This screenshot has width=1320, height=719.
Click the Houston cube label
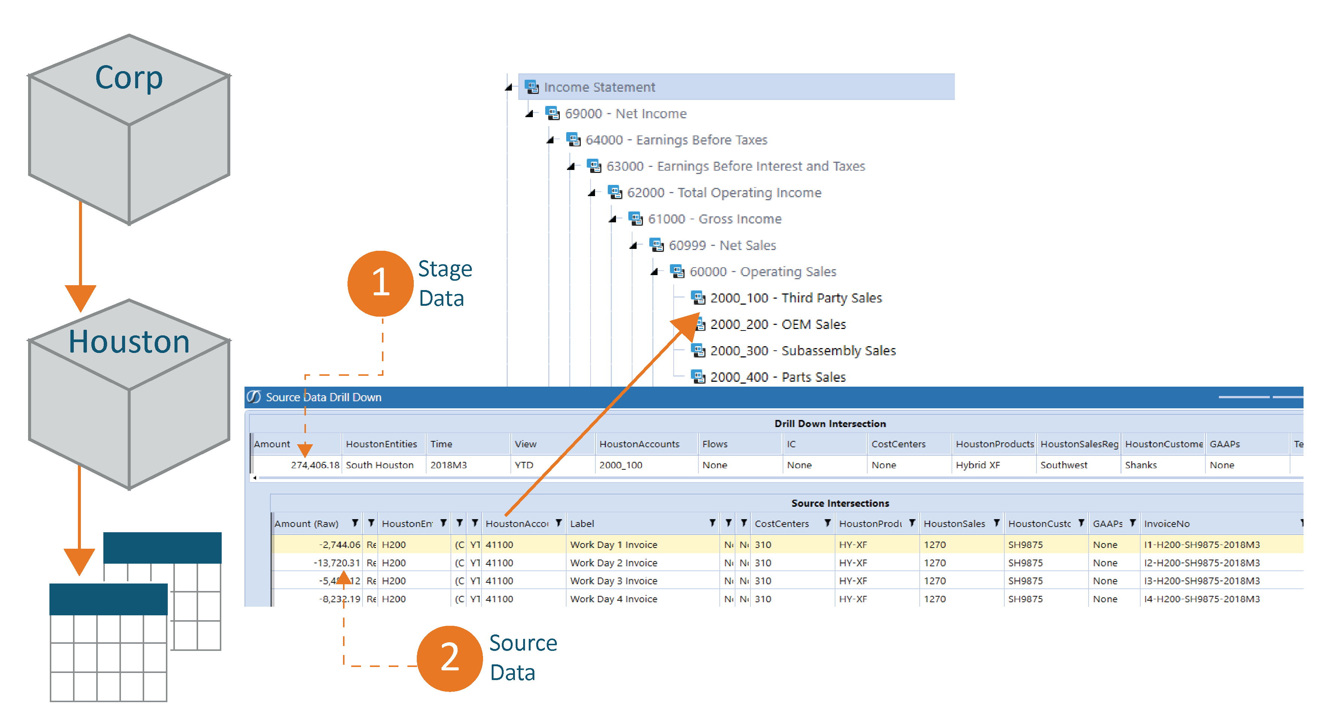[129, 342]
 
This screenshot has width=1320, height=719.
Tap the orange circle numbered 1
[380, 283]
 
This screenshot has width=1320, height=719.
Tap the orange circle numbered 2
[449, 658]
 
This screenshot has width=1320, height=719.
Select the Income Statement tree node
[599, 87]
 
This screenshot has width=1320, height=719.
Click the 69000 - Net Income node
[625, 114]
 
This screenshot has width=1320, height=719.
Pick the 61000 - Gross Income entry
[714, 219]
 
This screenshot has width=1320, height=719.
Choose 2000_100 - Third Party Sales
[795, 298]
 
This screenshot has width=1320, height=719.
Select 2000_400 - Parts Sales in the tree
[777, 377]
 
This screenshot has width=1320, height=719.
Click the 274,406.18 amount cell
[315, 465]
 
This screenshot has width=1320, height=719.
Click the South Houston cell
[379, 465]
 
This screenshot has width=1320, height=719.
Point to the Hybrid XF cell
[977, 465]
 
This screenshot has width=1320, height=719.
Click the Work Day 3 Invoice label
[613, 581]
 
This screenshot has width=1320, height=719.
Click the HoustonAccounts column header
[639, 444]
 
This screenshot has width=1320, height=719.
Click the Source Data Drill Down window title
[323, 397]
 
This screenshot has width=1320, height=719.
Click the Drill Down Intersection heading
[829, 424]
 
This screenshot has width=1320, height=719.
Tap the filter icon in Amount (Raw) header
[355, 523]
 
